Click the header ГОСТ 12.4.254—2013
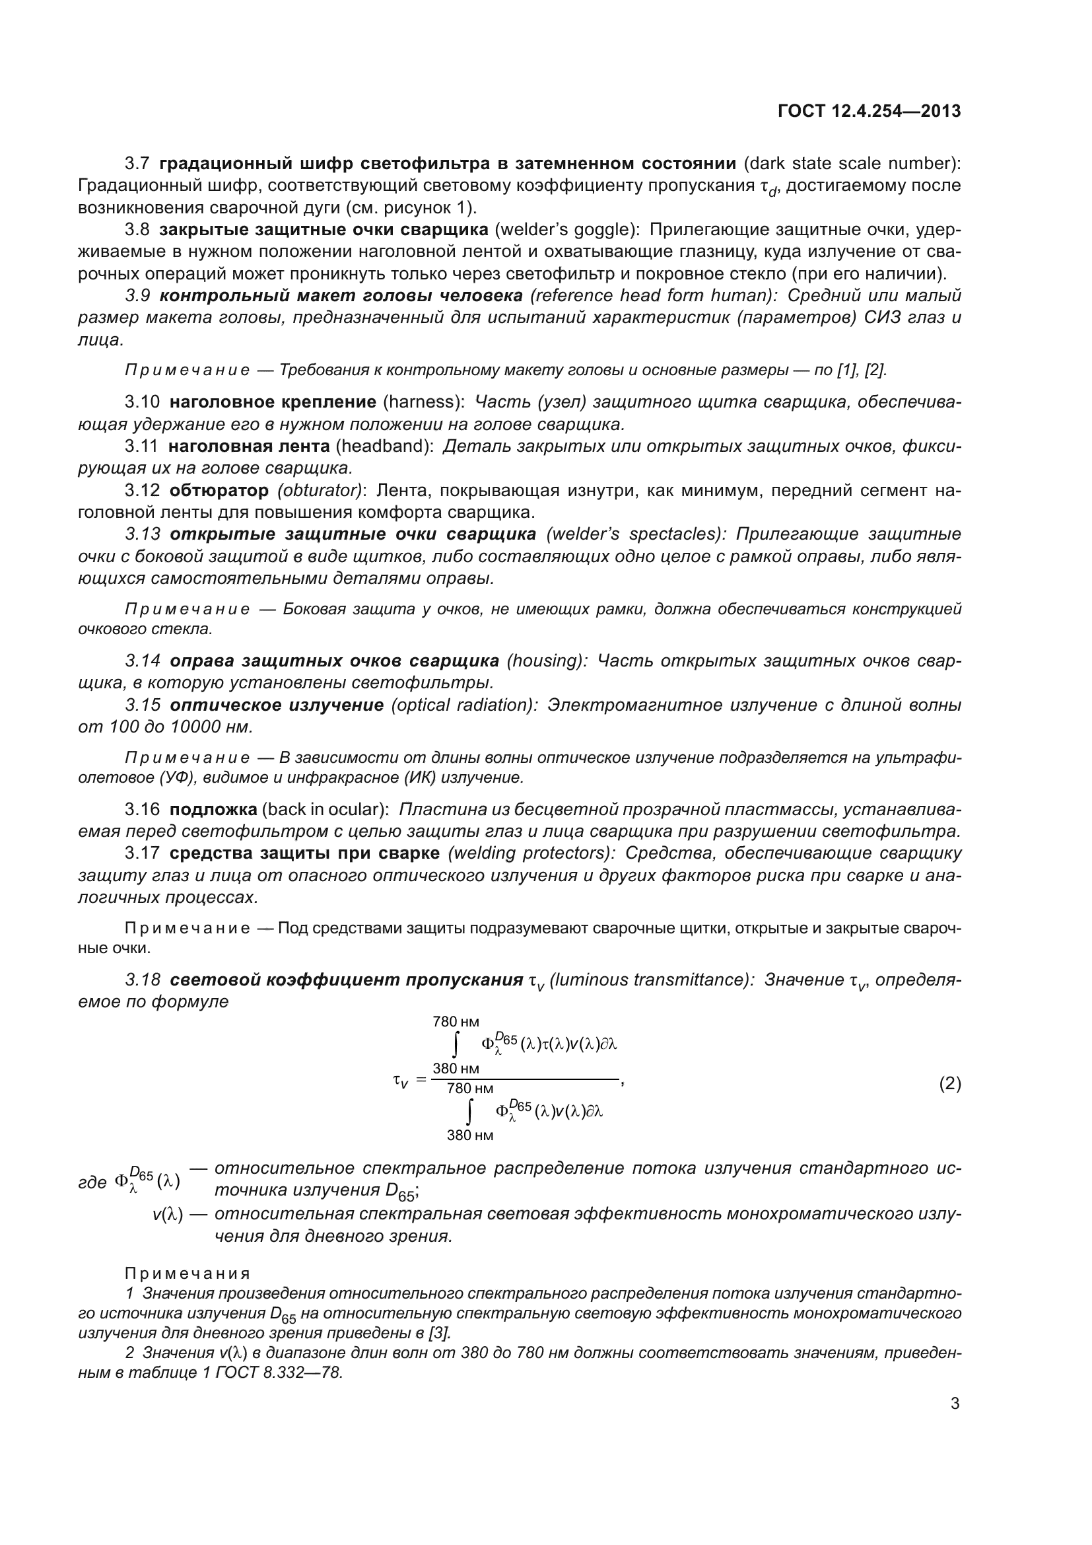click(x=869, y=112)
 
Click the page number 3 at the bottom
click(x=955, y=1404)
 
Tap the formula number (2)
click(x=949, y=1084)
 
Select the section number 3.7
click(x=138, y=164)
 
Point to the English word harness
click(x=424, y=402)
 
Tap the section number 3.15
click(x=143, y=705)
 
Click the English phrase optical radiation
click(x=464, y=705)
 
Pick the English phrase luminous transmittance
click(x=650, y=980)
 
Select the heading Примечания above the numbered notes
click(x=188, y=1274)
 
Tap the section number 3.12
click(x=142, y=491)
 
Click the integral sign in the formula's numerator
click(x=456, y=1045)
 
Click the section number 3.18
click(x=143, y=980)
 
